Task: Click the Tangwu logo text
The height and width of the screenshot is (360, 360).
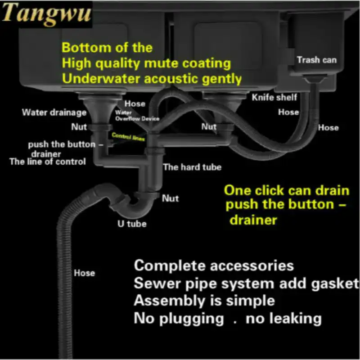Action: (x=46, y=14)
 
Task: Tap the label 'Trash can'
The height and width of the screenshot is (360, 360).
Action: (x=316, y=59)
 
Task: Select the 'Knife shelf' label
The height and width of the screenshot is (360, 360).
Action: (x=274, y=97)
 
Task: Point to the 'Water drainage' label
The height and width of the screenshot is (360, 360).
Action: (x=54, y=112)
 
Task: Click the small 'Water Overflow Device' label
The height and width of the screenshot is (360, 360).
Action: (x=137, y=116)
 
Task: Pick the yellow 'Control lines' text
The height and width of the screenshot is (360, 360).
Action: (x=128, y=137)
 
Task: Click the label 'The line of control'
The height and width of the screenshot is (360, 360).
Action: (x=48, y=162)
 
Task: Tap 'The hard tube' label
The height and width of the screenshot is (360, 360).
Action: (x=192, y=167)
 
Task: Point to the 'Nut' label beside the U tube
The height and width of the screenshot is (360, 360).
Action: (x=170, y=198)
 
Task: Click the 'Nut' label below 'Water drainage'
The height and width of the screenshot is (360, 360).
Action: (x=79, y=127)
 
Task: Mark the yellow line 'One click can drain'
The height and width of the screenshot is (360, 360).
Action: (x=287, y=189)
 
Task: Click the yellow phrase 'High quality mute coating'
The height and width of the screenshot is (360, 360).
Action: (x=146, y=63)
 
